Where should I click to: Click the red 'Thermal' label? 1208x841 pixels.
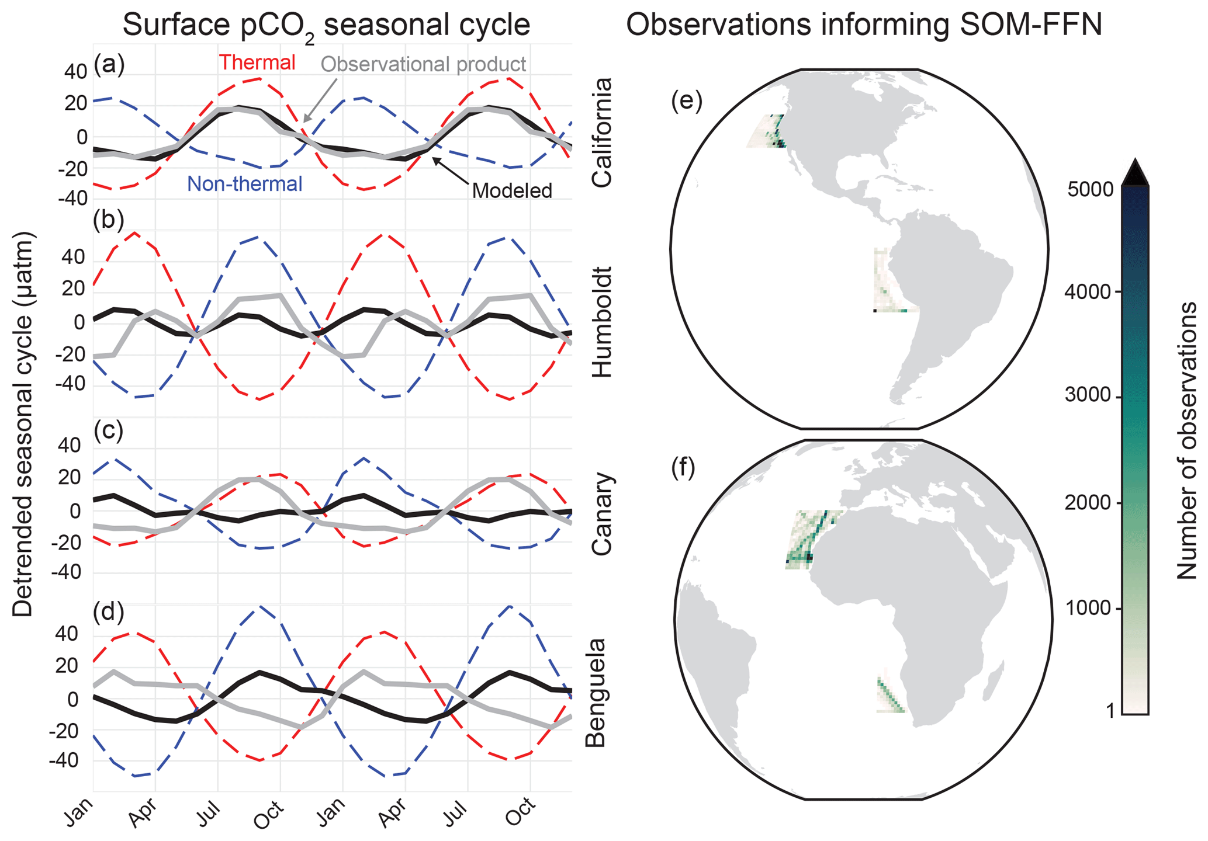click(257, 62)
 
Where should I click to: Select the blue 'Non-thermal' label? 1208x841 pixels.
click(244, 184)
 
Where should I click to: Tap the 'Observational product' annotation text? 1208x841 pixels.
click(424, 64)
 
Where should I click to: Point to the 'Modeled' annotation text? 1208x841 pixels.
click(512, 190)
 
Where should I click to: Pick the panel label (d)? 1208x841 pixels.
click(109, 611)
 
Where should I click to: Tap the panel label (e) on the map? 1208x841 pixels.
click(687, 100)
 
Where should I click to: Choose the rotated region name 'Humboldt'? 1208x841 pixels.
click(602, 322)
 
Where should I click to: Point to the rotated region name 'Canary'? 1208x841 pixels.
click(602, 513)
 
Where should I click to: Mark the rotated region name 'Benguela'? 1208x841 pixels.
click(596, 693)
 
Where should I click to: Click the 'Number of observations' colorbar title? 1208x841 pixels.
click(1186, 440)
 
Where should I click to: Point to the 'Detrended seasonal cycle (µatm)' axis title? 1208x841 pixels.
click(23, 424)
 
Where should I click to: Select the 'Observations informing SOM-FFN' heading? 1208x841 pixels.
click(864, 25)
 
